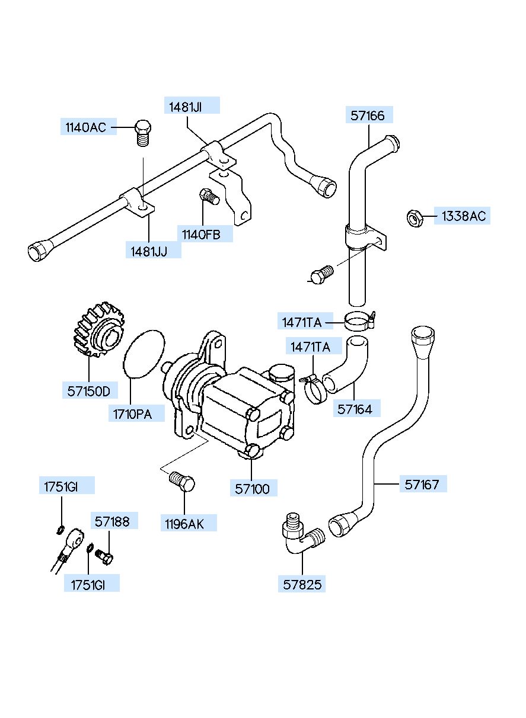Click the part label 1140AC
pos(85,127)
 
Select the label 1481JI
pos(186,107)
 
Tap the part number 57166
pos(368,116)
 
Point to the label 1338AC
pos(463,216)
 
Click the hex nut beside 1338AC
pos(415,218)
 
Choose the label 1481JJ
pos(149,251)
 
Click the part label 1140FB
pos(201,235)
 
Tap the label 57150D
pos(89,391)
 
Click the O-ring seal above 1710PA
pos(144,354)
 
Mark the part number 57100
pos(252,489)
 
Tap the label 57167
pos(422,485)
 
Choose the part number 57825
pos(302,585)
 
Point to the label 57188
pos(112,521)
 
